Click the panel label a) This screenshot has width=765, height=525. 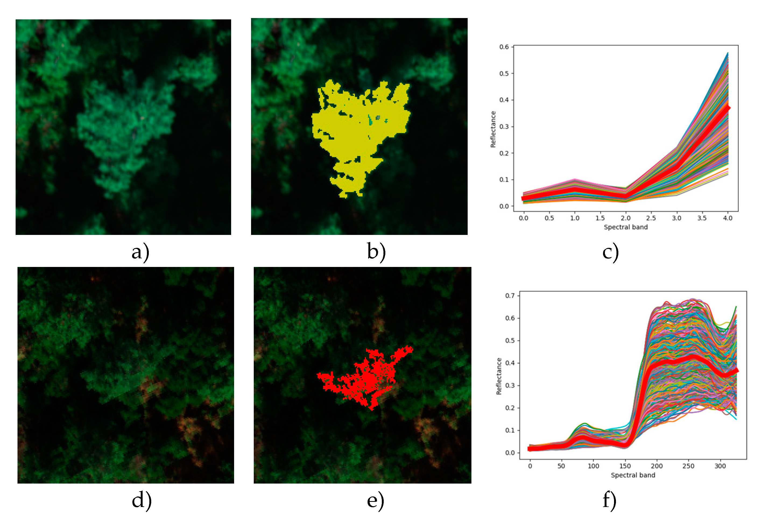pos(140,252)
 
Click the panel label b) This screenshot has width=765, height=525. pos(376,252)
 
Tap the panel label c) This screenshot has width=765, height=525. pos(610,252)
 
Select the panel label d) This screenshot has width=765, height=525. pos(142,501)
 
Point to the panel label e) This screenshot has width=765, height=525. pos(375,501)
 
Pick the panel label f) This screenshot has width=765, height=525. pos(609,501)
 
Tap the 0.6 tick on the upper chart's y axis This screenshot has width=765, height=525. pos(504,47)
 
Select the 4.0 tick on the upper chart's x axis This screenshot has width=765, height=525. pos(728,218)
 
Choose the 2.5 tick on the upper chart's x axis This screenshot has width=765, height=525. pos(651,218)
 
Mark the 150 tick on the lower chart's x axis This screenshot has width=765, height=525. pos(625,466)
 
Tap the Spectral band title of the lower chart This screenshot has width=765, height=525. pos(633,475)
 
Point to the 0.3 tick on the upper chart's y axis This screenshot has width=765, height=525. pos(504,127)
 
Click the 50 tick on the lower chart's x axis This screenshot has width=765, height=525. pos(561,466)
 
